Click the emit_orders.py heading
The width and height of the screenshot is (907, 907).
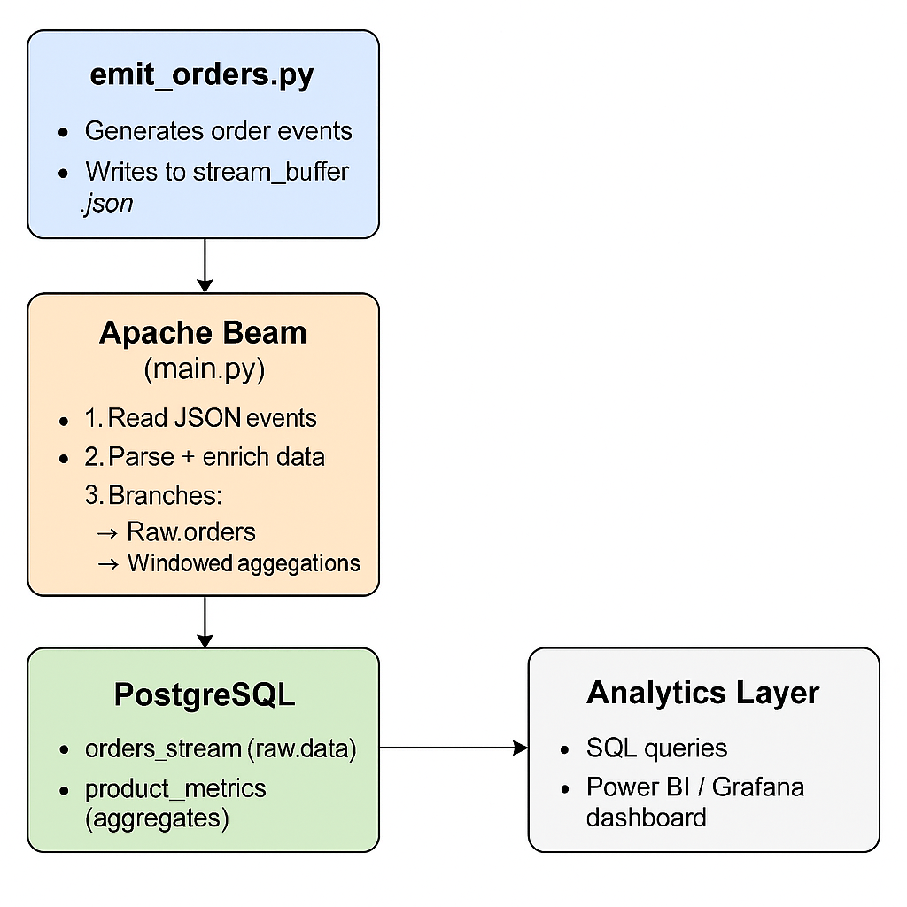tap(202, 75)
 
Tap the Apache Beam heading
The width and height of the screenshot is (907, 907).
tap(203, 333)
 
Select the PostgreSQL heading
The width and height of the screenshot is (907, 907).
tap(204, 695)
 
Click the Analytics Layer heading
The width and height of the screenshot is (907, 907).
tap(702, 693)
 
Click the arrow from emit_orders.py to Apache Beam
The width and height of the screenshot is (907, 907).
tap(205, 265)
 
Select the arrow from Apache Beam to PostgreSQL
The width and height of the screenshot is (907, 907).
tap(205, 621)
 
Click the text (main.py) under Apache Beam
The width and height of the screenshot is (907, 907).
tap(204, 368)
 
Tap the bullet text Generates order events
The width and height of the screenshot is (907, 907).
tap(218, 131)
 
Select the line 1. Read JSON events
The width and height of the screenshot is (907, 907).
tap(200, 418)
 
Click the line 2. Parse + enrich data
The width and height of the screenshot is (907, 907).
tap(205, 457)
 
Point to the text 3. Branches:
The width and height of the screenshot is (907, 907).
tap(153, 494)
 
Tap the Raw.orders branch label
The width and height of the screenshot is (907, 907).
tap(190, 531)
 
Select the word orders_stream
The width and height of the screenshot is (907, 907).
tap(163, 749)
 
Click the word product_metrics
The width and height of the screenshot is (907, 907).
tap(174, 788)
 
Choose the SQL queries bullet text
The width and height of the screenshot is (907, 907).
tap(656, 748)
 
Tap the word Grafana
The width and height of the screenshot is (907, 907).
tap(757, 787)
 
